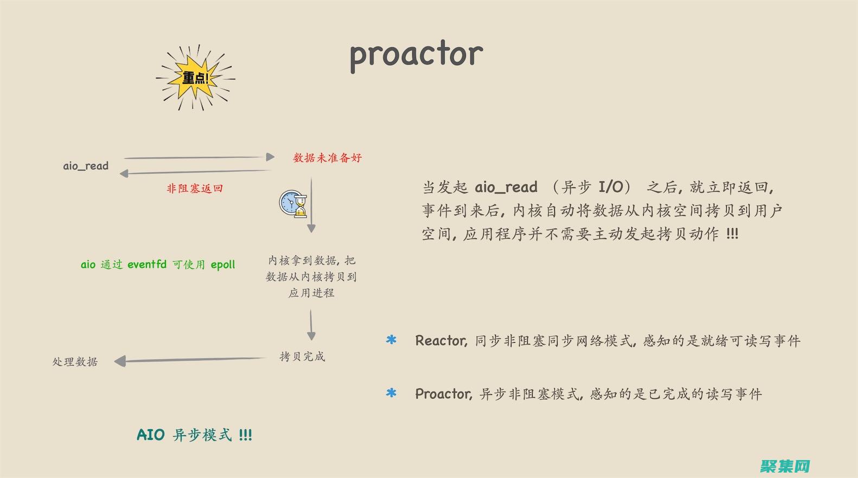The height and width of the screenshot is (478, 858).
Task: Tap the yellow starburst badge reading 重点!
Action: coord(195,78)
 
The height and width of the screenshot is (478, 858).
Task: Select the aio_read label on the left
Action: coord(86,166)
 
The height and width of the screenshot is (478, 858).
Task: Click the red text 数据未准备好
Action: coord(328,158)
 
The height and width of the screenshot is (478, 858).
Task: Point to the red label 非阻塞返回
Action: coord(195,188)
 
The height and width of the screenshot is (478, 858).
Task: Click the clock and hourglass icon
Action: coord(293,204)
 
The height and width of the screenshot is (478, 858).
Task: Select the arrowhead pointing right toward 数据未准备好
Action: coord(271,157)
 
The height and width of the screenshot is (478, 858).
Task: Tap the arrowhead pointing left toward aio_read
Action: coord(124,173)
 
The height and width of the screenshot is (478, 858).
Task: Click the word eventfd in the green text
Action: coord(147,265)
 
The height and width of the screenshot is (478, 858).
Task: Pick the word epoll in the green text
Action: coord(223,265)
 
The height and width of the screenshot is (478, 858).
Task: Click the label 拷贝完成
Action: coord(302,357)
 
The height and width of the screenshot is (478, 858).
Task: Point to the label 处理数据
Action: coord(75,362)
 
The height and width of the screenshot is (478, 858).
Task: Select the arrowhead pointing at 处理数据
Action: coord(120,361)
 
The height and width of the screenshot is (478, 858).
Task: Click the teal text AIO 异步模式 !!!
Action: coord(194,435)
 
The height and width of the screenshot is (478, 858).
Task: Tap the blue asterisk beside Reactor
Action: coord(391,340)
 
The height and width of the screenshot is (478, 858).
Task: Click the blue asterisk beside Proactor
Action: coord(391,393)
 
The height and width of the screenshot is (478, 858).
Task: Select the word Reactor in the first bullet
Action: coord(440,341)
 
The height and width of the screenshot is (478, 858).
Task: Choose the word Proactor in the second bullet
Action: coord(443,394)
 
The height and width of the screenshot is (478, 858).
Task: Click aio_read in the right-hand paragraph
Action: coord(506,187)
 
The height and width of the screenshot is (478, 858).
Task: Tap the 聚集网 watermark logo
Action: coord(785,466)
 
